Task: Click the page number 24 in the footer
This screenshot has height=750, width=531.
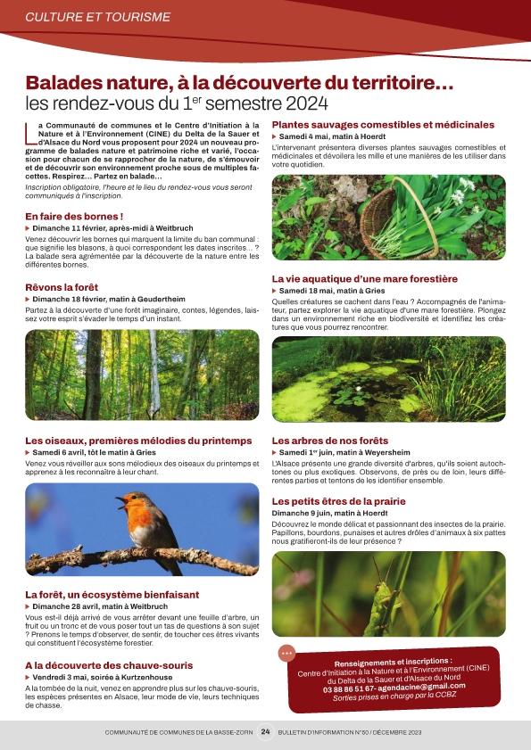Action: point(265,732)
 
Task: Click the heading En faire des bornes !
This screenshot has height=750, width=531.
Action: point(74,217)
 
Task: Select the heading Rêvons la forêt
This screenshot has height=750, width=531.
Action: point(62,286)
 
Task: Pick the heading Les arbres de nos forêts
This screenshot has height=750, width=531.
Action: point(330,441)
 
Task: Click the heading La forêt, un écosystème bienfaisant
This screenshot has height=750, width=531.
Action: point(112,595)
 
